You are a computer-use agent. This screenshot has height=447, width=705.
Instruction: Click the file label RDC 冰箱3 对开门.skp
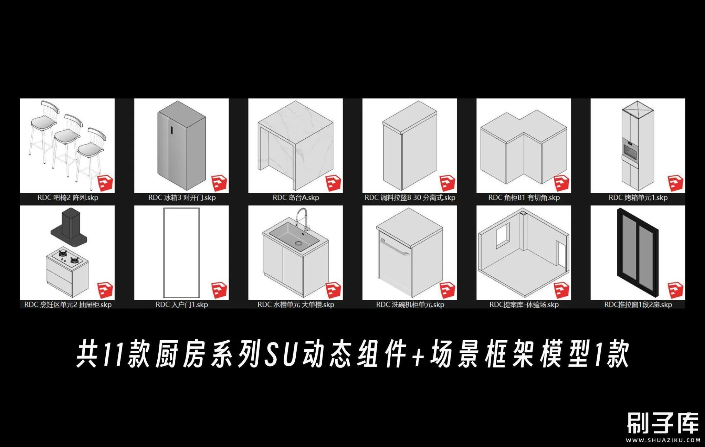(x=182, y=198)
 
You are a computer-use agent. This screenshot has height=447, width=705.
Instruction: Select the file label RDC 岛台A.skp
(x=296, y=198)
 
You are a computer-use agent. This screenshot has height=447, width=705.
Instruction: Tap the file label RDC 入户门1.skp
(x=182, y=305)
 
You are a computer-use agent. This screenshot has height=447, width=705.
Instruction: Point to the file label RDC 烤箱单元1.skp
(x=638, y=198)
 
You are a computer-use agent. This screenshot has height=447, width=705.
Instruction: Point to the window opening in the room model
(x=503, y=236)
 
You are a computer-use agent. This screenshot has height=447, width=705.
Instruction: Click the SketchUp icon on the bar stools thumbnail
(x=105, y=183)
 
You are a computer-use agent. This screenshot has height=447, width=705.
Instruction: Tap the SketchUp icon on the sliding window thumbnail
(x=675, y=290)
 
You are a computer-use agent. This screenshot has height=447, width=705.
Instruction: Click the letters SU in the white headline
(x=280, y=354)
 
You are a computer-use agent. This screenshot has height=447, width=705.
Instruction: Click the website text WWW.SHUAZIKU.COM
(x=663, y=440)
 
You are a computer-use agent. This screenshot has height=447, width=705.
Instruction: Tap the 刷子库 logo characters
(x=663, y=423)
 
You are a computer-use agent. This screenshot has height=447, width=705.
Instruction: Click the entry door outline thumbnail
(x=181, y=253)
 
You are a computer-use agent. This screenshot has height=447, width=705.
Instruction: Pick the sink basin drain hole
(x=298, y=244)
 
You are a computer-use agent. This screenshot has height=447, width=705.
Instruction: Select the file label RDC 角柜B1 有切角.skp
(x=524, y=198)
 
